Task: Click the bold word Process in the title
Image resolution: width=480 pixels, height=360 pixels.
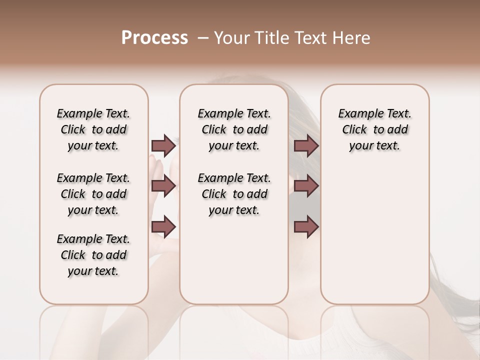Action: [x=154, y=38]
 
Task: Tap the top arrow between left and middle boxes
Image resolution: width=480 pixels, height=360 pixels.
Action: [x=163, y=145]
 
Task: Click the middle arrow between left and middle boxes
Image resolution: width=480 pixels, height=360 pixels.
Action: [x=163, y=186]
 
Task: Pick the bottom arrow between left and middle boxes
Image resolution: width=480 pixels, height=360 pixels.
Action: [x=163, y=227]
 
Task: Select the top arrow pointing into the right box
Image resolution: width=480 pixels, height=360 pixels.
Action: [x=306, y=145]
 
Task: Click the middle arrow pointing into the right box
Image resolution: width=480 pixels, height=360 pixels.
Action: [x=306, y=186]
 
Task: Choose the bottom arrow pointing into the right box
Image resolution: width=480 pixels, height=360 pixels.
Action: [x=306, y=227]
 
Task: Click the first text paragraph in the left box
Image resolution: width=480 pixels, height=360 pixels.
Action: [x=93, y=129]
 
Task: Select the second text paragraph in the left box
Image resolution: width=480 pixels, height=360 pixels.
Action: [x=93, y=194]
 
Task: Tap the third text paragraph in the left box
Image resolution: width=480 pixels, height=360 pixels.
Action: [x=93, y=255]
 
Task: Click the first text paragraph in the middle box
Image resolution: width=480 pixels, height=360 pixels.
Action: [x=234, y=129]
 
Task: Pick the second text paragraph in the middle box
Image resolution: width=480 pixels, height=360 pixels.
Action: [x=234, y=194]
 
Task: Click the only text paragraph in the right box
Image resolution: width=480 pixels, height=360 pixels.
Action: [x=375, y=129]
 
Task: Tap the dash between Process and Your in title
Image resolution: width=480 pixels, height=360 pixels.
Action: [x=203, y=38]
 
